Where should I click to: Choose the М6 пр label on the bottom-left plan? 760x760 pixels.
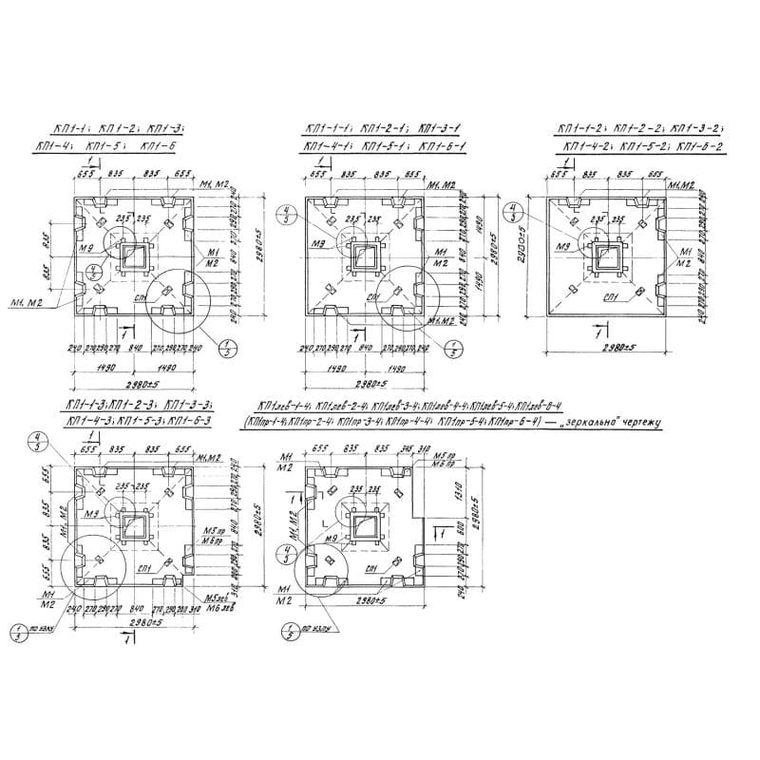point(213,540)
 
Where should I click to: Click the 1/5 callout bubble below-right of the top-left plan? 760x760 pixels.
point(227,348)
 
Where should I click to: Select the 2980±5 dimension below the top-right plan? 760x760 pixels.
point(605,348)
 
